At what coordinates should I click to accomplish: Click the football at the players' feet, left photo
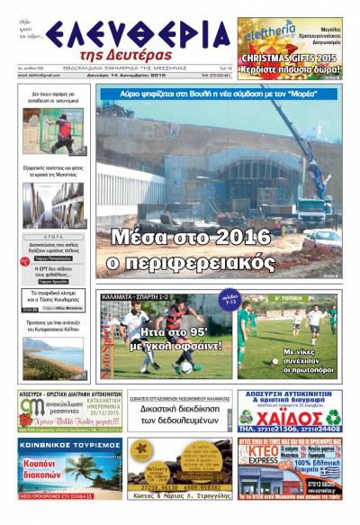[185, 367]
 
